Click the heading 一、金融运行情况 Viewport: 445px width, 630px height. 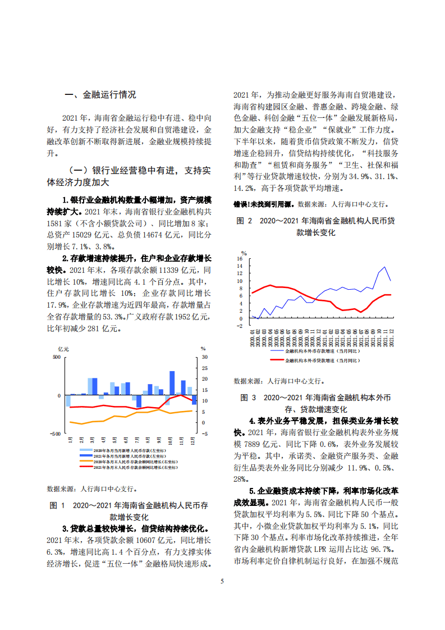100,95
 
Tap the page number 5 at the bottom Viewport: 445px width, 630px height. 222,581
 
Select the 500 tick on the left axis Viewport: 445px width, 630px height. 56,358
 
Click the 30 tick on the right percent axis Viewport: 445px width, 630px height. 204,358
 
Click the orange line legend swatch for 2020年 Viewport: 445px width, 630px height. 85,462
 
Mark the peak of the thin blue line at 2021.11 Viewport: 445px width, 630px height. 384,267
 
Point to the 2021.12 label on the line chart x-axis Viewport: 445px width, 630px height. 391,338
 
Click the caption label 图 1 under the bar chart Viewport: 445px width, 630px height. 58,505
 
